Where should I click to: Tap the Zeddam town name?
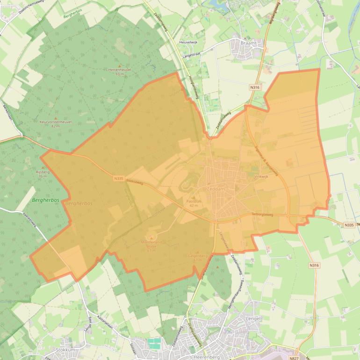coord(216,189)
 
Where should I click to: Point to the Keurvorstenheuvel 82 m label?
coord(56,123)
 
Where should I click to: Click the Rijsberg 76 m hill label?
coord(43,173)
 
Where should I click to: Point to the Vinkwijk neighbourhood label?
coord(261,177)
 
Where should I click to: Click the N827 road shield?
coord(293,358)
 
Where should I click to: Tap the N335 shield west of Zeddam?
coord(118,178)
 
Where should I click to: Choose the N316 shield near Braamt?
coord(254,87)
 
